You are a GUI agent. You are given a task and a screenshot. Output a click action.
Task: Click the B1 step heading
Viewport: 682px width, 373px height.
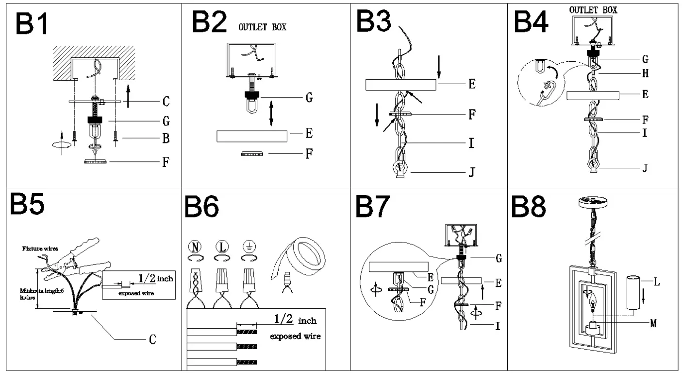point(32,24)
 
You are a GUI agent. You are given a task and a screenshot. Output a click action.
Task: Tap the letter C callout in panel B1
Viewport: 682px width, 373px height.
point(166,102)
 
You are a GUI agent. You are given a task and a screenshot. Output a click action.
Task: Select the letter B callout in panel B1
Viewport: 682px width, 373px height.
point(166,139)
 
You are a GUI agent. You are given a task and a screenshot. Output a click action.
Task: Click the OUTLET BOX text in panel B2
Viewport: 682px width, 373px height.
point(262,27)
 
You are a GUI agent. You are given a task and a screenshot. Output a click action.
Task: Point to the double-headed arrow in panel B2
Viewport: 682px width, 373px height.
point(271,113)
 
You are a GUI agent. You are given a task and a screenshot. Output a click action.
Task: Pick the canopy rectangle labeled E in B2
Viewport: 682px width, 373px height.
point(252,136)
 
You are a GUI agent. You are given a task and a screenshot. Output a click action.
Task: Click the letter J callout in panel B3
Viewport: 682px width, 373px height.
point(471,172)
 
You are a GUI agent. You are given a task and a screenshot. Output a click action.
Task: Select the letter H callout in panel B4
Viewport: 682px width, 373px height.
point(645,74)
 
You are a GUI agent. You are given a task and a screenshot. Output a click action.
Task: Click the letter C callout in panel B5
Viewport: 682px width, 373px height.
point(152,339)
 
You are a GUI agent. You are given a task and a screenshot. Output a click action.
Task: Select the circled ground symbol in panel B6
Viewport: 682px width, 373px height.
point(250,247)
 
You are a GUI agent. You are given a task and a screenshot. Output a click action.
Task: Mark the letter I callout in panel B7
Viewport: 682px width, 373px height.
point(498,326)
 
